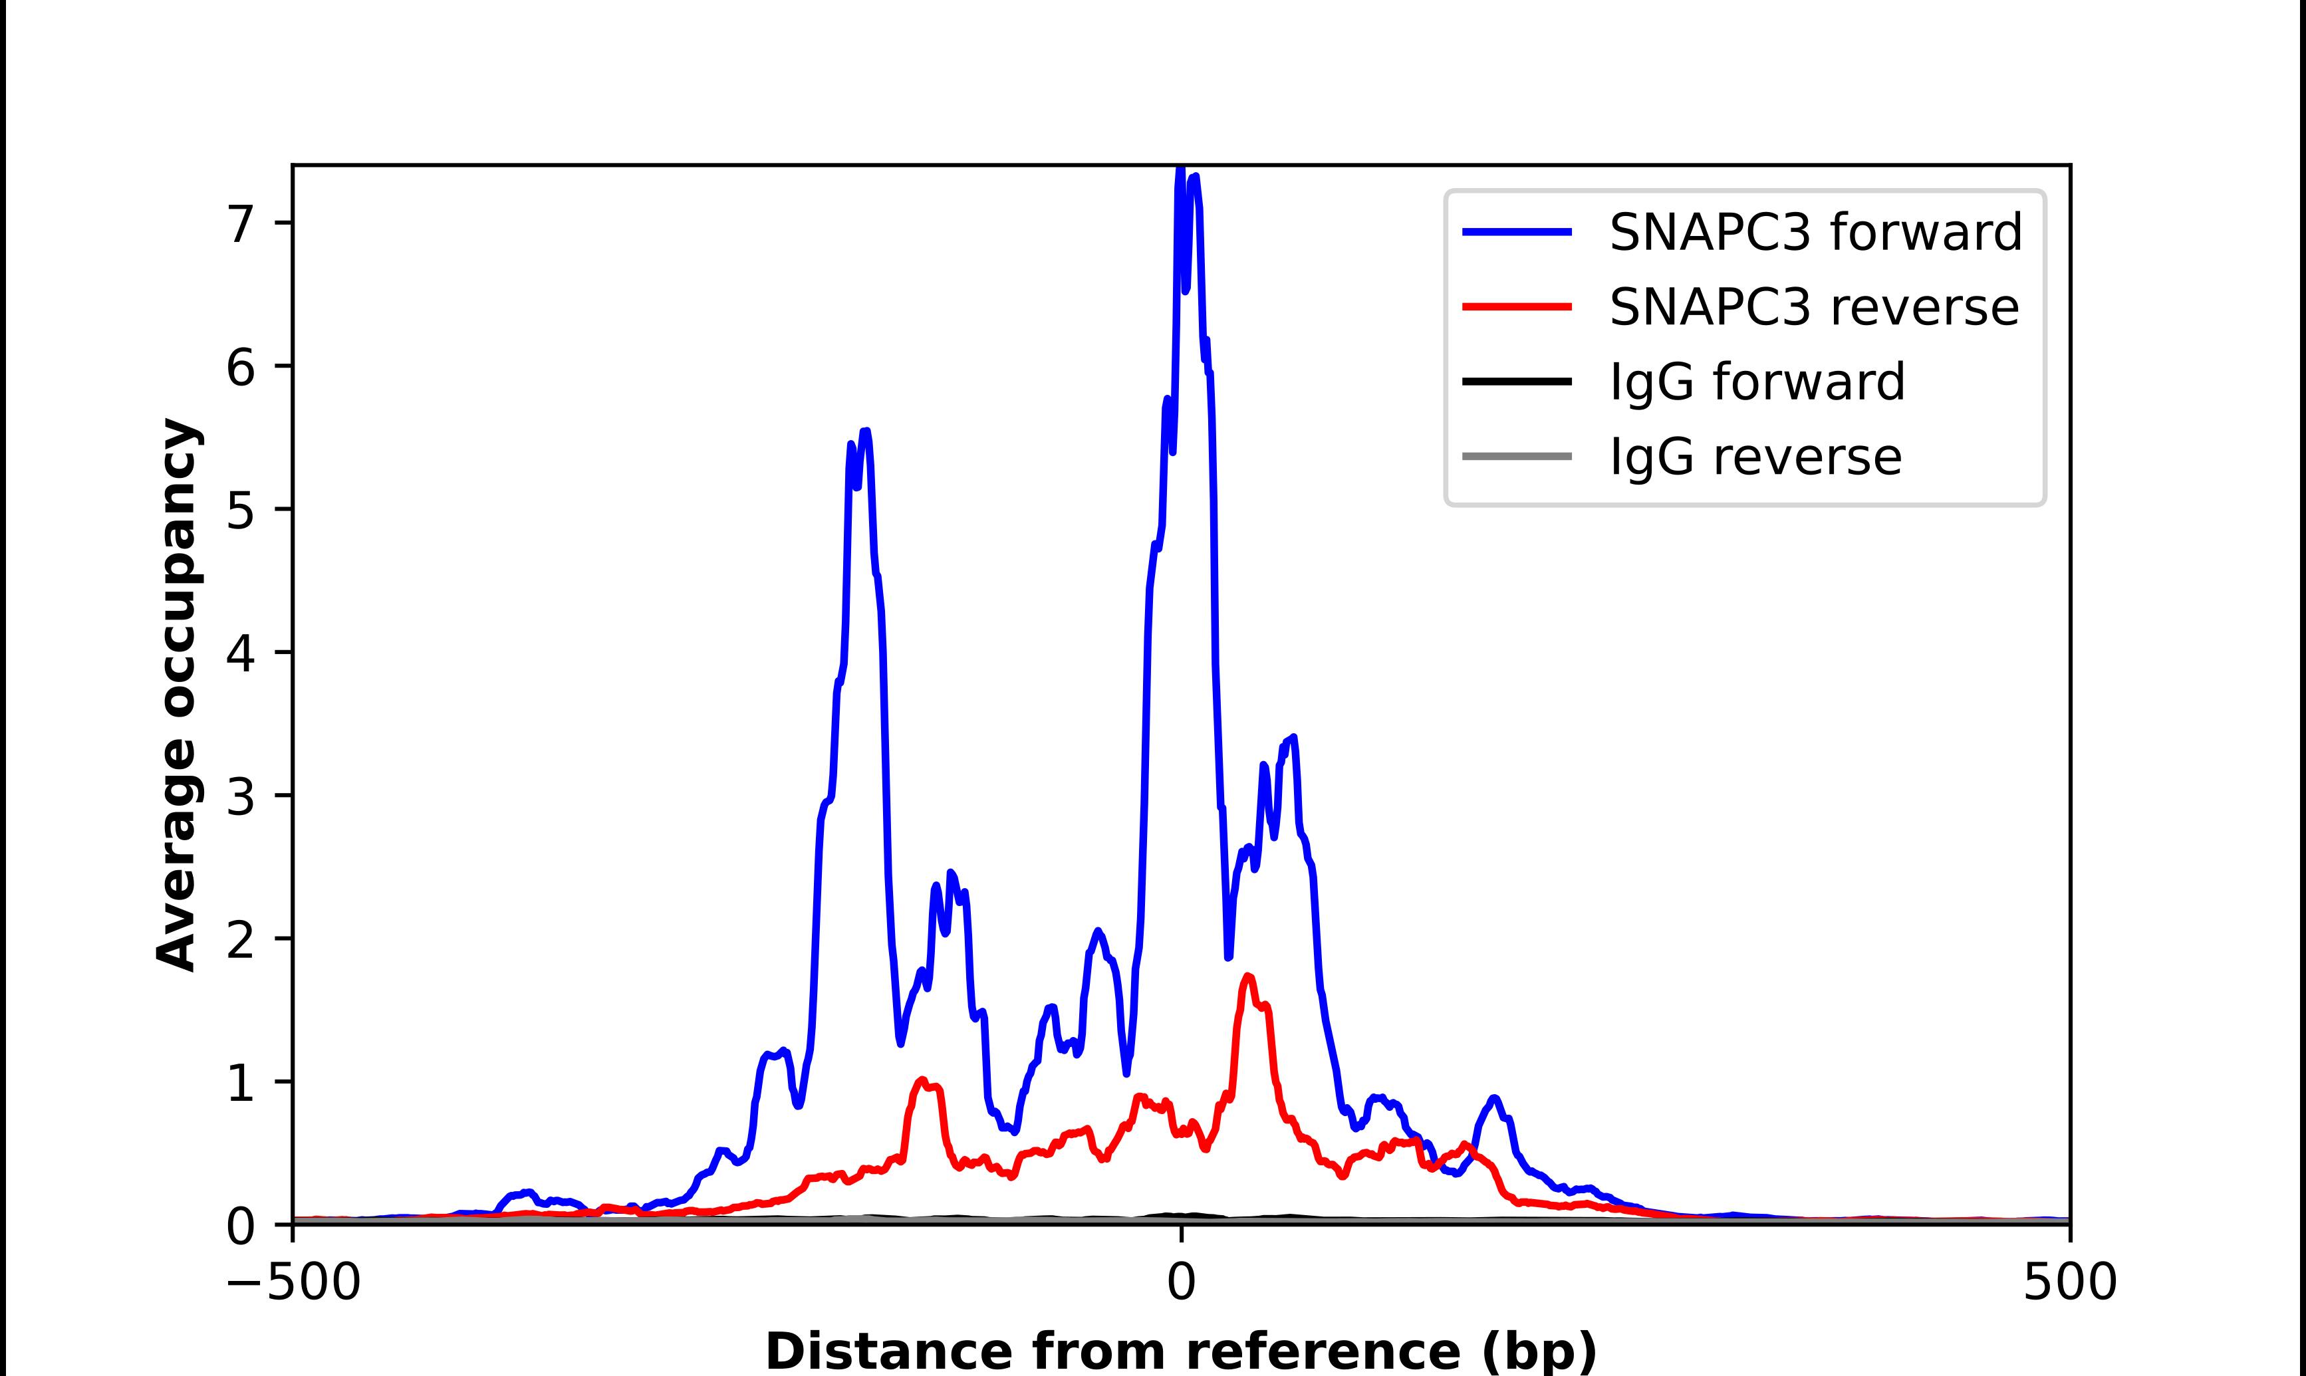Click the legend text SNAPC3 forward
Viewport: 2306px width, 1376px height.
1815,233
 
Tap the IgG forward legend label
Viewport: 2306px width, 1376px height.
1757,382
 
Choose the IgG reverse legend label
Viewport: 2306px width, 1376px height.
1755,457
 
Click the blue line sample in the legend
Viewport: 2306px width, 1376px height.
1517,233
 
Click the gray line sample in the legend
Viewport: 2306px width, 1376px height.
1517,456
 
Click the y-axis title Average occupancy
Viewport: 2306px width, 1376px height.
178,695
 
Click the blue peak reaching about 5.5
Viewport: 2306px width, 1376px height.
865,431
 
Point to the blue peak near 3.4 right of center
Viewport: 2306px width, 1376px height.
1293,738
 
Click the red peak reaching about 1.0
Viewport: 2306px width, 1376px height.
922,1080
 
